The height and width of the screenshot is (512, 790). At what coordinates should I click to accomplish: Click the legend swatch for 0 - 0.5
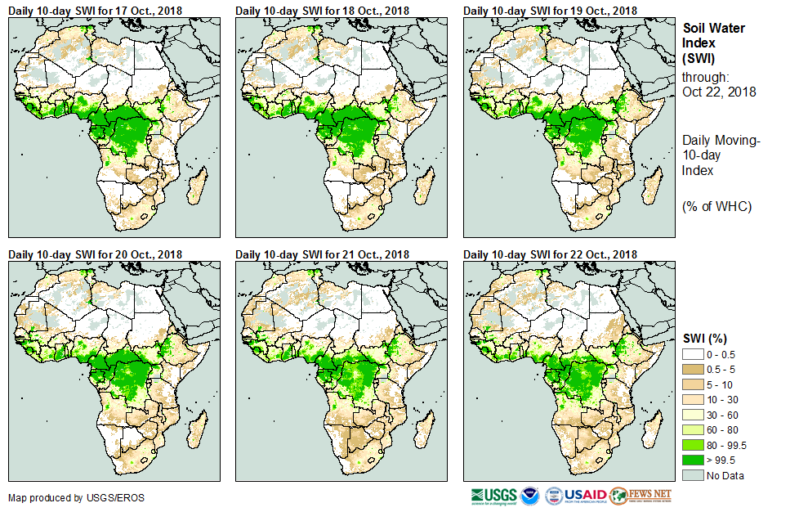click(x=693, y=354)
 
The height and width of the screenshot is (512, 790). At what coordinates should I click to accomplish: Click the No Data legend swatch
click(x=693, y=475)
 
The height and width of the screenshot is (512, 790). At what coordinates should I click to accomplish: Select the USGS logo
click(x=493, y=496)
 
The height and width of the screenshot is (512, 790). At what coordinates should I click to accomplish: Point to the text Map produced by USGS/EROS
click(x=65, y=497)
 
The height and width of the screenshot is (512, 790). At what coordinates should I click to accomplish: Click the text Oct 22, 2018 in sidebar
click(x=719, y=92)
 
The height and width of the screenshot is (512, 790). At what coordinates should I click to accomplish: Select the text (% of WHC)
click(x=716, y=206)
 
